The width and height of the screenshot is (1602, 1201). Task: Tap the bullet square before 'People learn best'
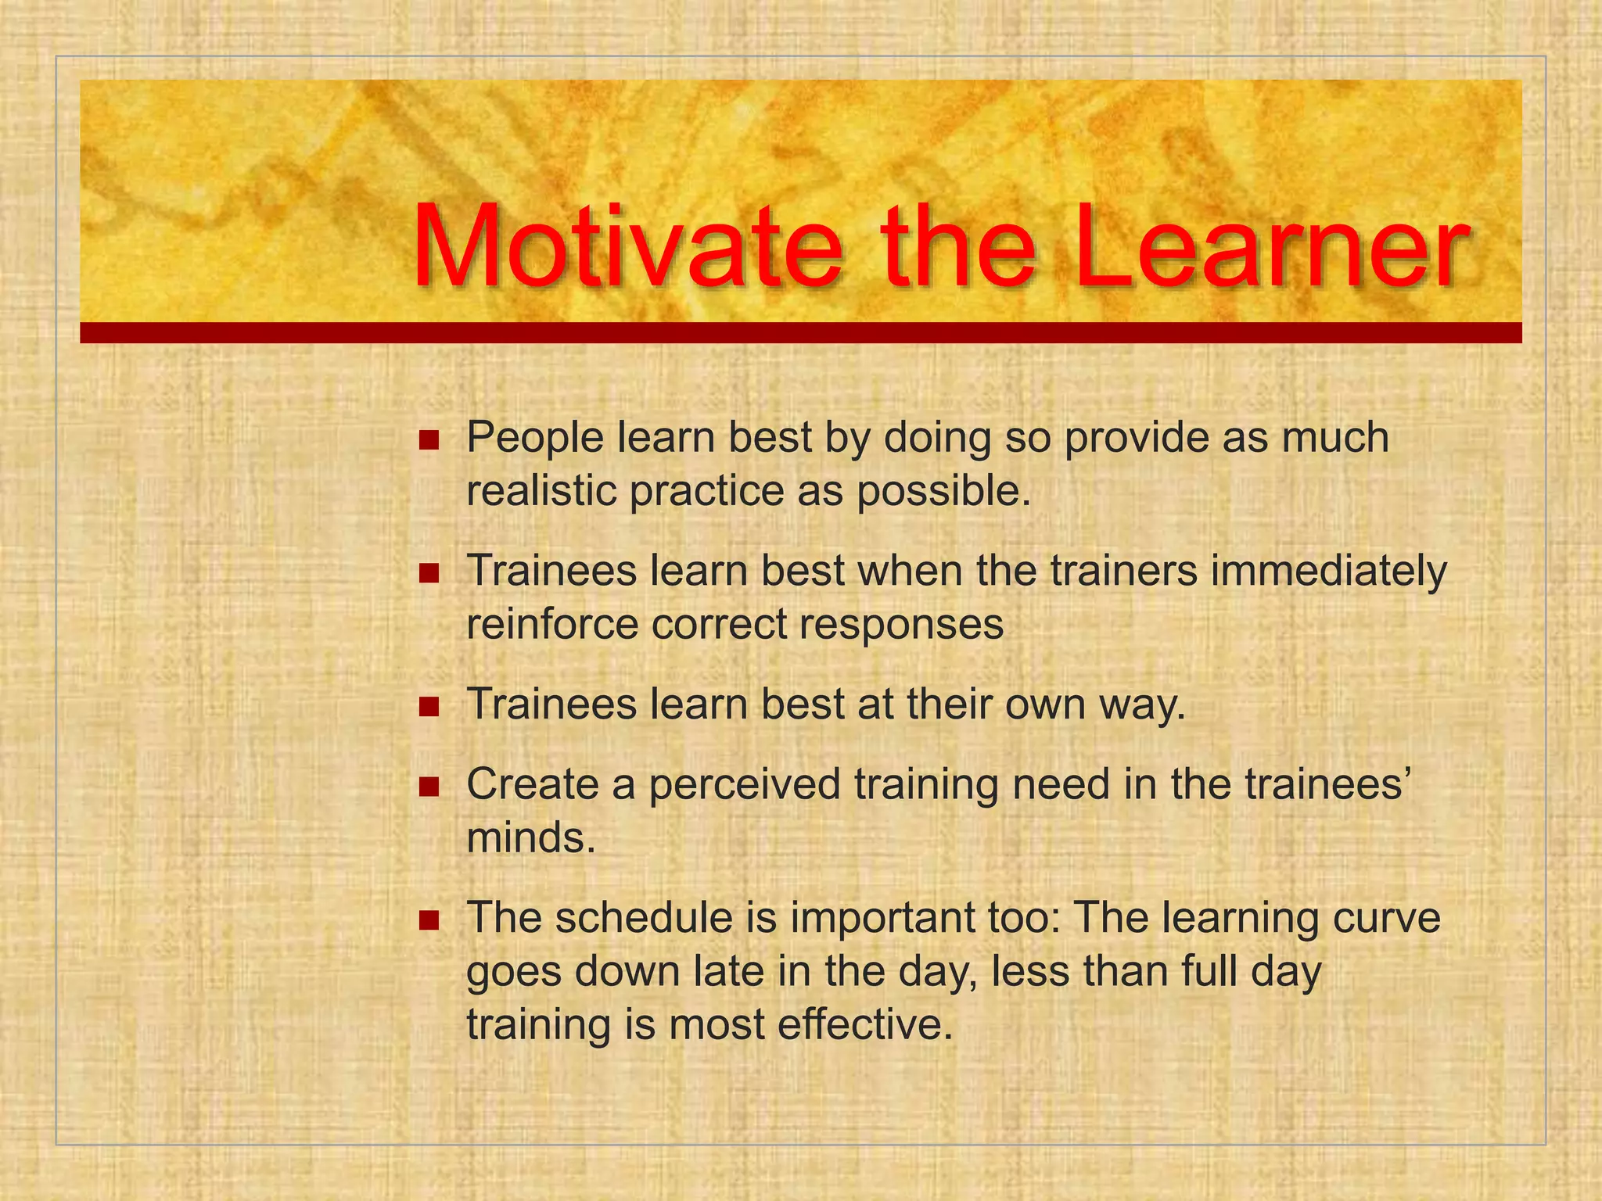429,440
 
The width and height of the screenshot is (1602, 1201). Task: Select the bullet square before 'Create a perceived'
429,787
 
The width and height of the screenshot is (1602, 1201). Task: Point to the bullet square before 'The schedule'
429,920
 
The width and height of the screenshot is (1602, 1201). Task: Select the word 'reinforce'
551,625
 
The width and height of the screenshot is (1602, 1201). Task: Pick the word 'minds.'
531,838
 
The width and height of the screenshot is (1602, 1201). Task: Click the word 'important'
881,918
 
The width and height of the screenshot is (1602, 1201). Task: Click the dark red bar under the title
800,333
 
